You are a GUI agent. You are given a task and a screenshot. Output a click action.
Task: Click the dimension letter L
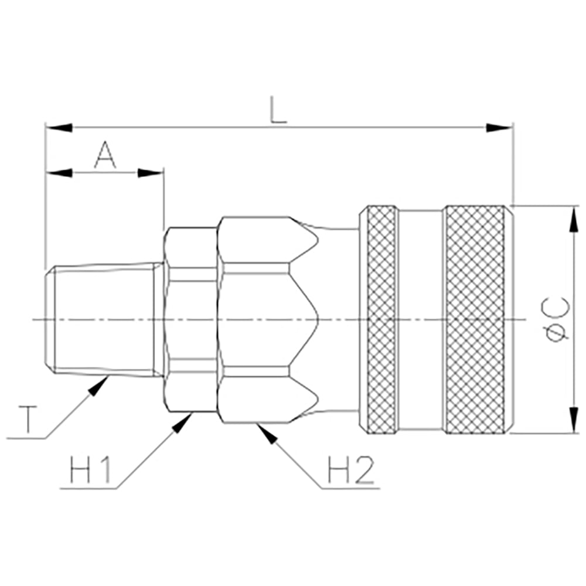click(x=278, y=110)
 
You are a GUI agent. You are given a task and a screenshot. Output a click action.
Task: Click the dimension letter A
click(x=105, y=155)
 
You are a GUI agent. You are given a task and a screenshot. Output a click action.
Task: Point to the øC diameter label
click(x=556, y=318)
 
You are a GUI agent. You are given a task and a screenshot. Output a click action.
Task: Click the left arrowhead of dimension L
click(x=59, y=128)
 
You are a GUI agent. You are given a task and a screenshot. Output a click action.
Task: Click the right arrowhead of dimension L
click(x=500, y=128)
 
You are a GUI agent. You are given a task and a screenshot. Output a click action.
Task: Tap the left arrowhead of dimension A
click(x=59, y=173)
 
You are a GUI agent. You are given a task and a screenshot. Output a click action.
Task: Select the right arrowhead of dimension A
click(x=151, y=173)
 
